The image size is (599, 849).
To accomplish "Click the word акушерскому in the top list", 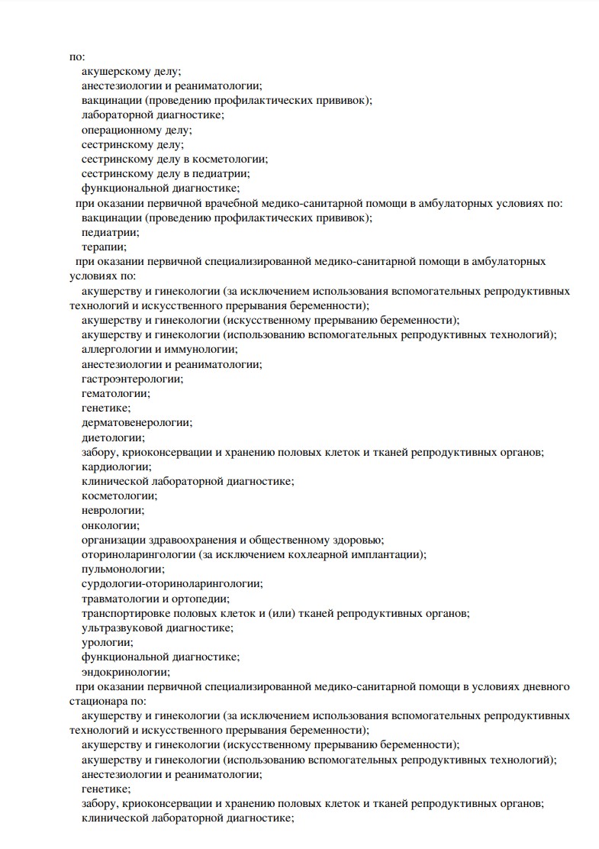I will tap(115, 71).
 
